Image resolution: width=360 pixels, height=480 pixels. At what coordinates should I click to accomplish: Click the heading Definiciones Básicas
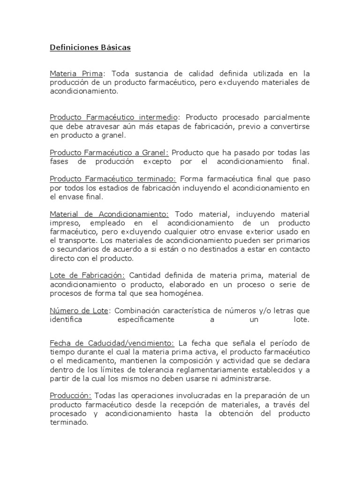tap(90, 48)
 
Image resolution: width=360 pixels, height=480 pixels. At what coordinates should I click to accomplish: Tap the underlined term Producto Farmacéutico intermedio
tap(114, 117)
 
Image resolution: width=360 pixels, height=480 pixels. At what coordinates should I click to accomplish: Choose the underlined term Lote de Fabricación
tap(87, 276)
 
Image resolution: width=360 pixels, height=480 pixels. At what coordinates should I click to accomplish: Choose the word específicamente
tap(145, 320)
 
